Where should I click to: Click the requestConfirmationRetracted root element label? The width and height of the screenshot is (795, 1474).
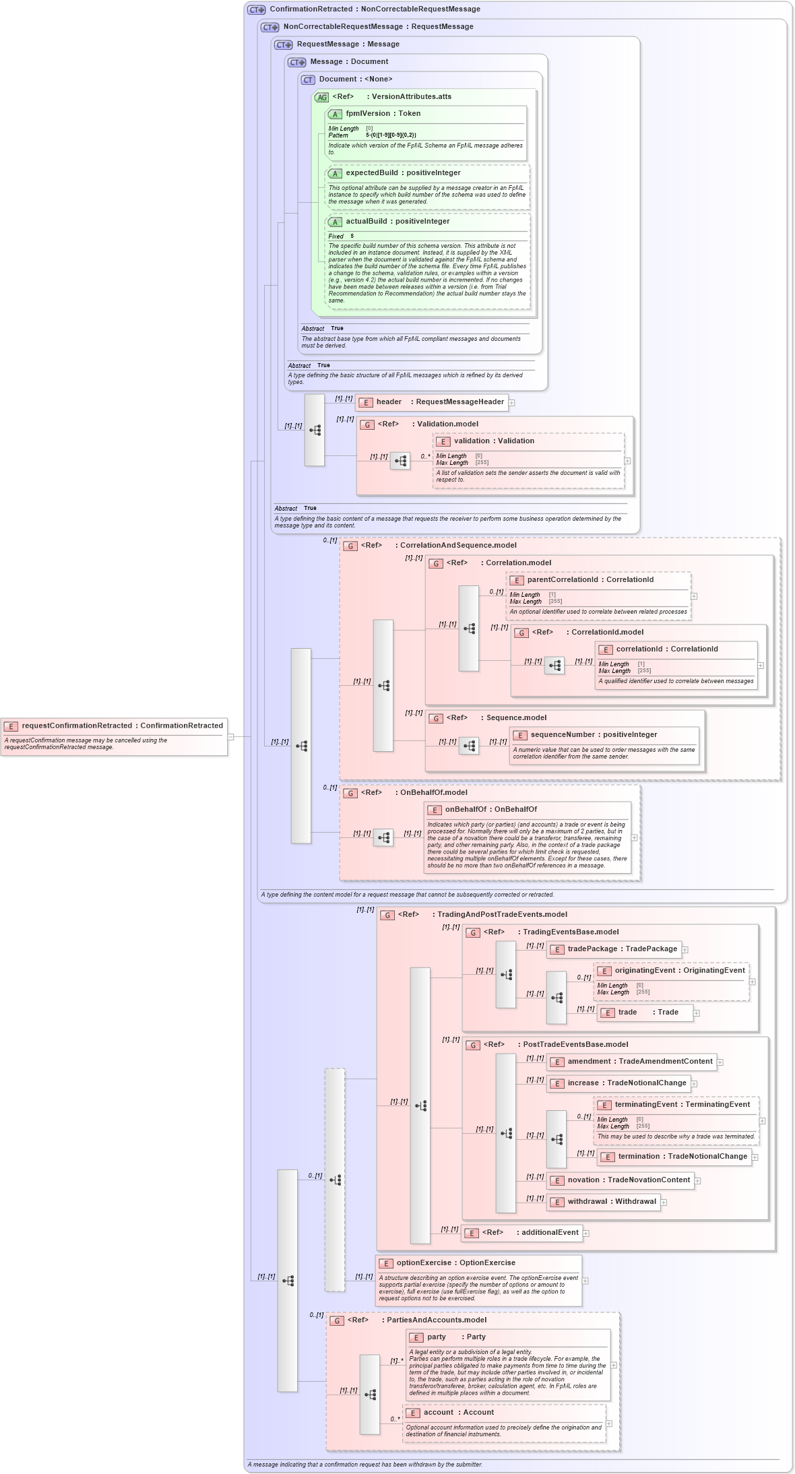(121, 726)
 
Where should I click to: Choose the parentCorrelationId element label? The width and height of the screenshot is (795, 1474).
(590, 579)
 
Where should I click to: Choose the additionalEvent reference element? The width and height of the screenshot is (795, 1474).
(530, 1232)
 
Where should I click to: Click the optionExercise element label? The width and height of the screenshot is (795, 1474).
(455, 1262)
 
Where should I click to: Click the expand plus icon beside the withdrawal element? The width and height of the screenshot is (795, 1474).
(664, 1202)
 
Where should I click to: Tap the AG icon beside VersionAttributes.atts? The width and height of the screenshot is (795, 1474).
(322, 97)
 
